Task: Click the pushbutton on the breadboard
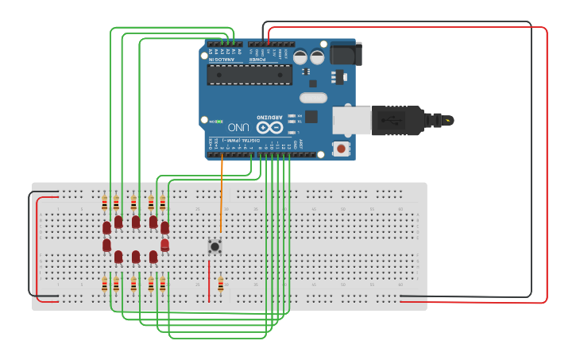(215, 246)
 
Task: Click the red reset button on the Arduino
(342, 149)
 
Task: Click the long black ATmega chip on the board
(249, 75)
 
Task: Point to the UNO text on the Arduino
(238, 127)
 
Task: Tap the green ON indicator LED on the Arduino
(217, 122)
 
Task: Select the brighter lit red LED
(164, 245)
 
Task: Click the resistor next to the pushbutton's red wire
(220, 285)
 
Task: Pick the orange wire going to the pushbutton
(221, 199)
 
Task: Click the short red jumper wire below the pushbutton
(209, 282)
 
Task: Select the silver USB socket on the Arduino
(351, 120)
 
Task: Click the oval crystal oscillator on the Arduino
(313, 98)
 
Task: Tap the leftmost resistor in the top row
(105, 204)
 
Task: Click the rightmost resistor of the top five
(162, 204)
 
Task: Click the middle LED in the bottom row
(136, 257)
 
